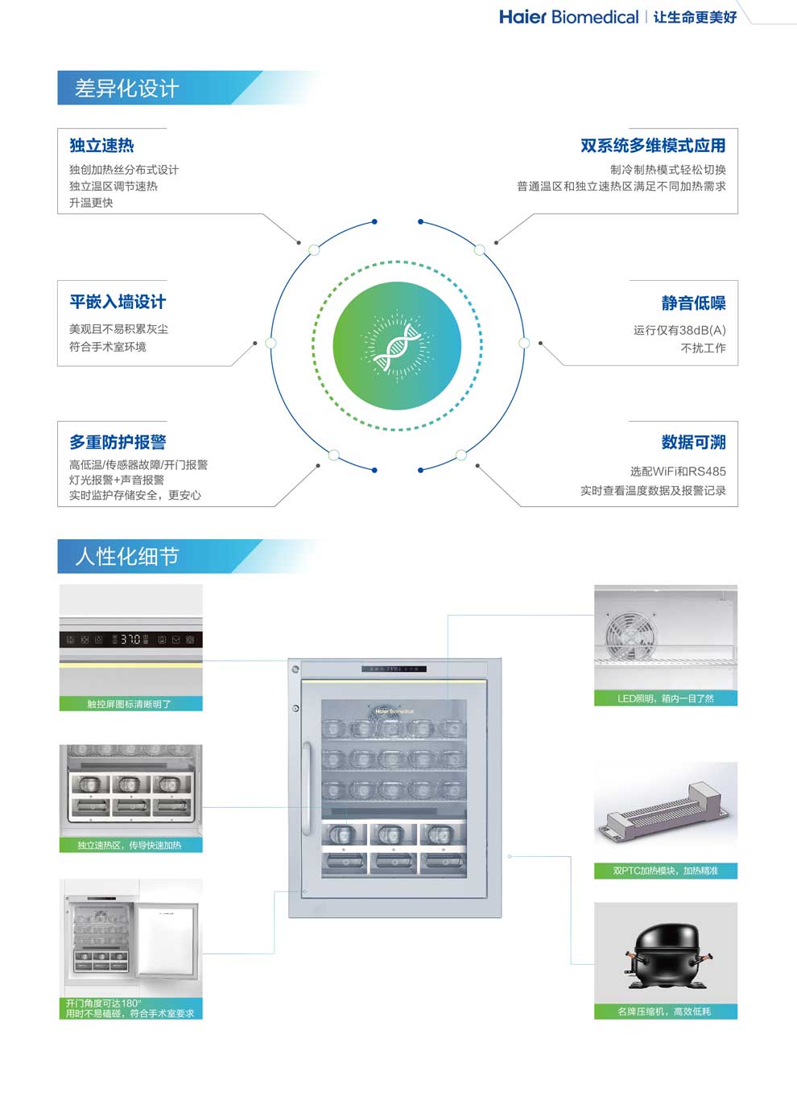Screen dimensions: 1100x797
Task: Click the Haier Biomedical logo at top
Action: [568, 17]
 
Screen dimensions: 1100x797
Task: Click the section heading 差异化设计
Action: [126, 89]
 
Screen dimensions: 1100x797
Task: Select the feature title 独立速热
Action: [101, 146]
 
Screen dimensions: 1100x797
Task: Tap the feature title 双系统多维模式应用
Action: [653, 146]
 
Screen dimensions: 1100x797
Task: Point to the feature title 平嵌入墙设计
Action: [118, 302]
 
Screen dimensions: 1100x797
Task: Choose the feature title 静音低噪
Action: [693, 303]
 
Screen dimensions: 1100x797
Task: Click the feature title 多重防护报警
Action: [118, 442]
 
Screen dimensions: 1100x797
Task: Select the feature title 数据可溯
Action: [693, 442]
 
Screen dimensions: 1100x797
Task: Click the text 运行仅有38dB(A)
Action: [679, 330]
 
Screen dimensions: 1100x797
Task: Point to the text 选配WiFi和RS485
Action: [678, 472]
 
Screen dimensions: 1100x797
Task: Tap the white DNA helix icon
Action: [397, 346]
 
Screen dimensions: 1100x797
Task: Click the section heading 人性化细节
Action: [126, 557]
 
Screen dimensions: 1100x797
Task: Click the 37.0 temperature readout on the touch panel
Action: [130, 640]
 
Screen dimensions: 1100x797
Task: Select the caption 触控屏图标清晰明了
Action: [130, 704]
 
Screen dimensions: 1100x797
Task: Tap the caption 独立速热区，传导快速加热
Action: [130, 845]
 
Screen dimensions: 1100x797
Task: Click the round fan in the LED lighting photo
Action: [627, 633]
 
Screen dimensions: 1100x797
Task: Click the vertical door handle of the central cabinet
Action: [306, 789]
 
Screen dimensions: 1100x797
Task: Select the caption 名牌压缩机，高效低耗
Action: [664, 1011]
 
